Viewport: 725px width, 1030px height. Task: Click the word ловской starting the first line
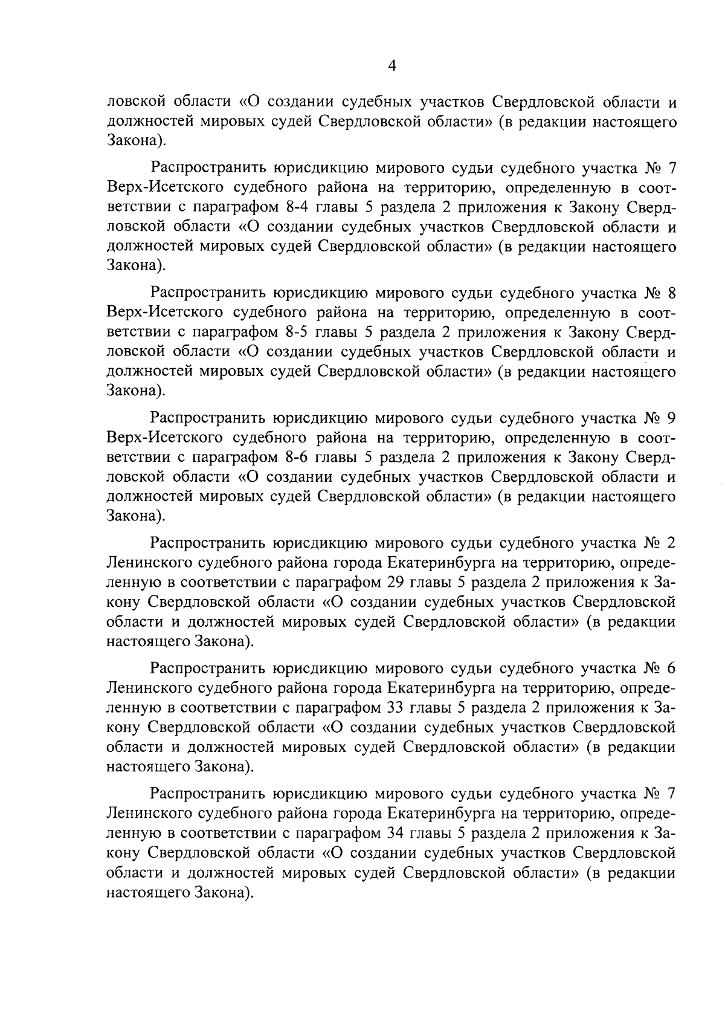[136, 102]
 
